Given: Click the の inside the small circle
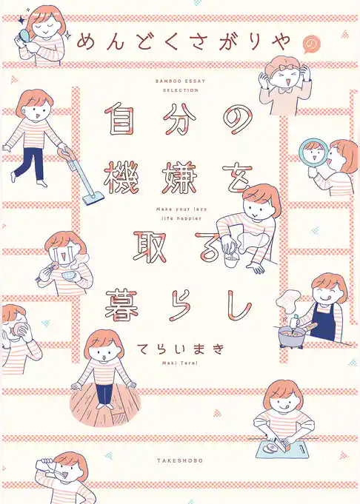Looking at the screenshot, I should click(x=310, y=46).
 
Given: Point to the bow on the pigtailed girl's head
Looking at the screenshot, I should click(x=281, y=67).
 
